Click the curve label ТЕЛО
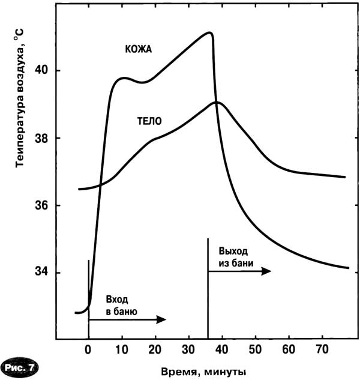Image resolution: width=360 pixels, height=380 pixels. tap(149, 120)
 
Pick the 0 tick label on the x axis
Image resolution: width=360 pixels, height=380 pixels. tap(88, 349)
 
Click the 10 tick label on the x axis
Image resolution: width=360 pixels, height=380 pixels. tap(122, 349)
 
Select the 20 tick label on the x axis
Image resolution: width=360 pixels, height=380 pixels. tap(156, 349)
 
